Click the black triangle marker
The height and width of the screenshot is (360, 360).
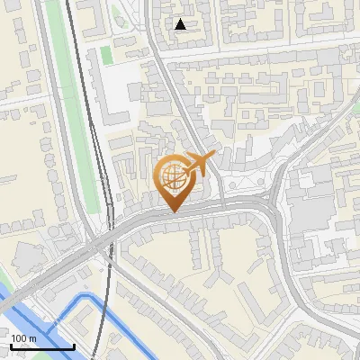click(x=181, y=24)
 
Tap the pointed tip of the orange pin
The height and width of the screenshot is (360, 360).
click(x=174, y=212)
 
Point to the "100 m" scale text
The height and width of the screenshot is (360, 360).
click(x=24, y=338)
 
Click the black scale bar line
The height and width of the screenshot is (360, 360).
click(x=42, y=346)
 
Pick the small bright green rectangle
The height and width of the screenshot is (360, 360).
click(x=106, y=54)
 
